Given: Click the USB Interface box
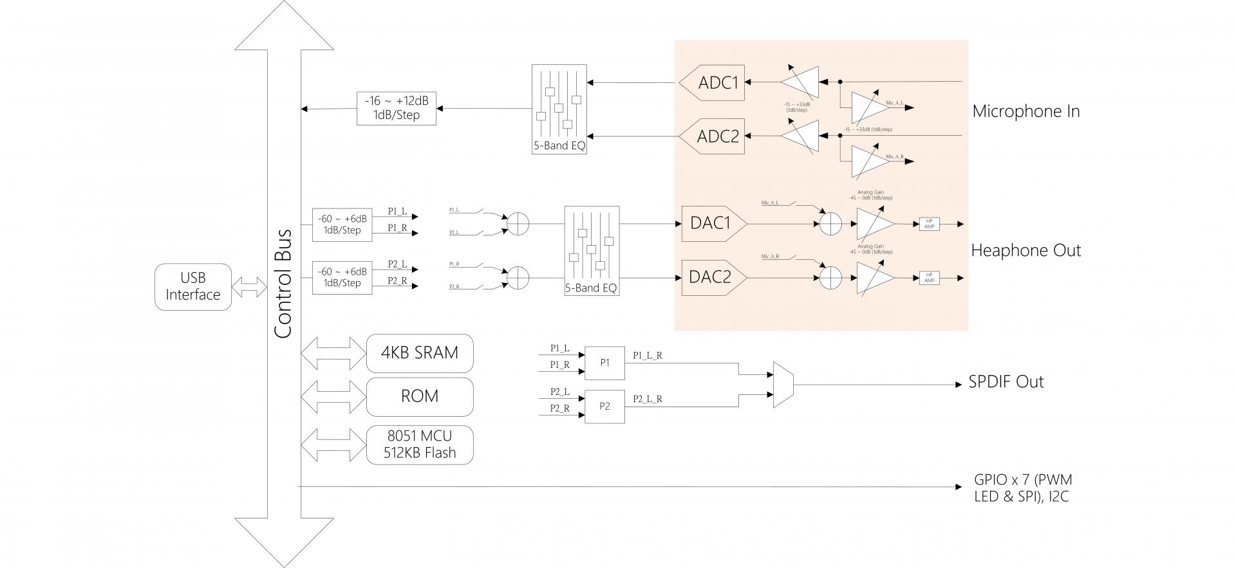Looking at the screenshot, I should (193, 287).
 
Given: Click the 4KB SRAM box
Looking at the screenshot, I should (420, 353).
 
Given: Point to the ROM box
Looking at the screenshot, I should (420, 396).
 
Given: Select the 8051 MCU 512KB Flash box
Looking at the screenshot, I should (420, 444).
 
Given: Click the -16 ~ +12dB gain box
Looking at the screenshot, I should (396, 108).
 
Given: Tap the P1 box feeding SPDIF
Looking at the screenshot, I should (604, 363).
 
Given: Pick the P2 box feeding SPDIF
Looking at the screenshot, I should (604, 407).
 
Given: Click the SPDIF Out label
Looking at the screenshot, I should (1006, 382).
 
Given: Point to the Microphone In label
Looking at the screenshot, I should (1025, 111).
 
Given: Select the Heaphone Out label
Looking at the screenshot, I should (1025, 250).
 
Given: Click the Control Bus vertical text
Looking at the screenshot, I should (283, 283).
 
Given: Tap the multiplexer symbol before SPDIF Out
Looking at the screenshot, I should (783, 385).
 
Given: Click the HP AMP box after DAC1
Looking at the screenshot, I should (930, 224).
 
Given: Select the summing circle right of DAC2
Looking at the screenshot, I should (831, 278).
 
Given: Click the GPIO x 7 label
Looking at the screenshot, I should (1023, 488).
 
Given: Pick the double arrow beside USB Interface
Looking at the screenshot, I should (249, 287).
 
